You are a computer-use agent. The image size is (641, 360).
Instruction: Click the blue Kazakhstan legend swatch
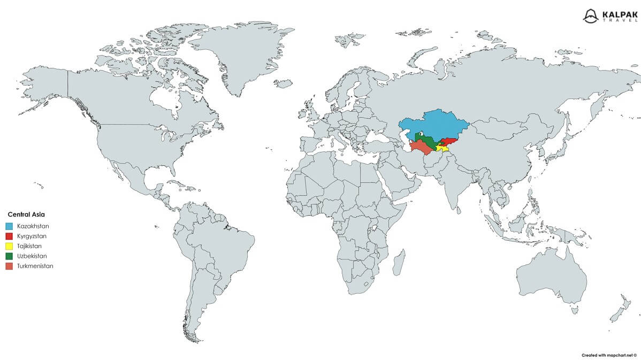[x=9, y=226]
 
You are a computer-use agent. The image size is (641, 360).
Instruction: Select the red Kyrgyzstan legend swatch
[x=9, y=236]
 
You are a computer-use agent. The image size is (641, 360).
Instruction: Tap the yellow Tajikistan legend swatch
[x=9, y=246]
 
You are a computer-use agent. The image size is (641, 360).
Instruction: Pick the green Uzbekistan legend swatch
[x=9, y=256]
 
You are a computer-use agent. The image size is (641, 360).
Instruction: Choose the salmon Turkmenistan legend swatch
[x=9, y=266]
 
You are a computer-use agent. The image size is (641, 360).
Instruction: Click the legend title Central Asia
[x=26, y=214]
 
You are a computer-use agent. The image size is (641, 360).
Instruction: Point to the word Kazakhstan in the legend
[x=33, y=226]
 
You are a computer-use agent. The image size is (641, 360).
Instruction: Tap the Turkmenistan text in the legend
[x=35, y=266]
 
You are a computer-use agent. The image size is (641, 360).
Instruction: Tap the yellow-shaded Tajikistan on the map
[x=443, y=148]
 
